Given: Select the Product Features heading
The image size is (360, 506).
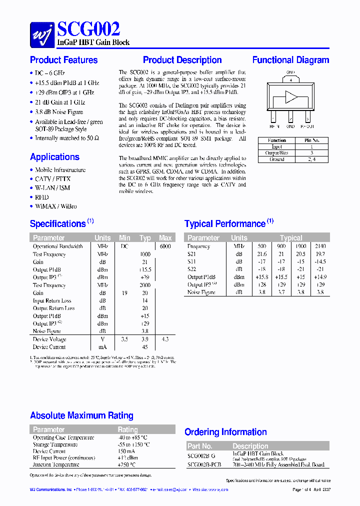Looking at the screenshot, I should pos(64,60).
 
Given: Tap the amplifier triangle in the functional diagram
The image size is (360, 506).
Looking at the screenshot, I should pos(290,96).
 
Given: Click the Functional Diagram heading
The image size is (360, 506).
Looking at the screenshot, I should pos(290,60).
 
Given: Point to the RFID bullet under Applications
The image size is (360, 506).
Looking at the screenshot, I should pos(42,197).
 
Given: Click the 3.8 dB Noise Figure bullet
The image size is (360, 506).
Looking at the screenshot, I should pos(59,112).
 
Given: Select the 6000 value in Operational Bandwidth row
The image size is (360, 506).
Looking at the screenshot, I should pos(165,246).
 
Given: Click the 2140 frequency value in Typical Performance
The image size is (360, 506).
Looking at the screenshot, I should pos(320,246).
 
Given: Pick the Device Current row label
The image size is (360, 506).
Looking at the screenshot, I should pos(49,347).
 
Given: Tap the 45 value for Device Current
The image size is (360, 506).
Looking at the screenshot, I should pos(145,347).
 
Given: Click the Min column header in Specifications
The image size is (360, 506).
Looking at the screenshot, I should pos(124,238).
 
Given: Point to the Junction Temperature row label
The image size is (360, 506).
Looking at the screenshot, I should pos(55,464).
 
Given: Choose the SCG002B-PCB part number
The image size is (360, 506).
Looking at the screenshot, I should pos(204,464).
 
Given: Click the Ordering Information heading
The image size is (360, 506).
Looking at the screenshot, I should pos(225,432).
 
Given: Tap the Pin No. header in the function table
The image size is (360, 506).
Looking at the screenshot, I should pos(311,140).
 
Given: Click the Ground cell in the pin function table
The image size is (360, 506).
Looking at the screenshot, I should pos(276,159).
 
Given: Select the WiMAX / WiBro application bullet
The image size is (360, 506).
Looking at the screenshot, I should pos(56,206).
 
